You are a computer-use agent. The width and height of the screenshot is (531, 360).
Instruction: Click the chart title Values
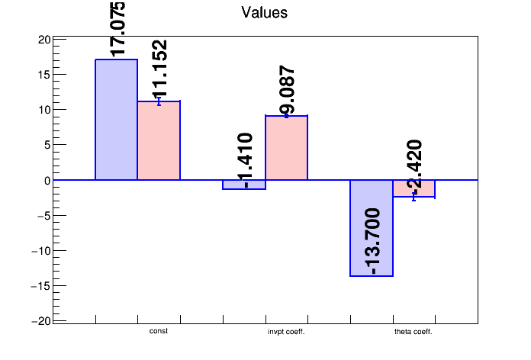[264, 13]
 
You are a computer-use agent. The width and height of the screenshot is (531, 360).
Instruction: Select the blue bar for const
[117, 120]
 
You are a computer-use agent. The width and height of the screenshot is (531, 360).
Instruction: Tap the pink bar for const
[159, 140]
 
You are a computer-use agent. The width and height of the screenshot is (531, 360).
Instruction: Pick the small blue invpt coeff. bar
[244, 185]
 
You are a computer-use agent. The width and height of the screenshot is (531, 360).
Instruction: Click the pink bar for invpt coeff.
[287, 148]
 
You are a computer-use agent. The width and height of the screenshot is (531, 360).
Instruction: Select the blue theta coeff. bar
[372, 228]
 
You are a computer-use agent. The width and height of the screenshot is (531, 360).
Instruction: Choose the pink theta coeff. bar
[414, 188]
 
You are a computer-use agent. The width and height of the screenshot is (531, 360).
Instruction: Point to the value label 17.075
[117, 29]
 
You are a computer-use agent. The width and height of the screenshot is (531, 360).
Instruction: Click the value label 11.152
[159, 69]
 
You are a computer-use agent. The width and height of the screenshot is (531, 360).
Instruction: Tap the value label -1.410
[244, 160]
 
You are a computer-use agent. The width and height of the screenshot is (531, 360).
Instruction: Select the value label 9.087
[287, 90]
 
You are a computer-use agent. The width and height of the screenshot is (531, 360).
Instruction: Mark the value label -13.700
[372, 242]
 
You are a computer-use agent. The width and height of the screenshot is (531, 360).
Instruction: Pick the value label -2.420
[414, 167]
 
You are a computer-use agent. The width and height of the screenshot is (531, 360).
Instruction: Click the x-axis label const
[159, 331]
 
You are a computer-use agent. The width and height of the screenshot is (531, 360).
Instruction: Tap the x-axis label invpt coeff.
[286, 332]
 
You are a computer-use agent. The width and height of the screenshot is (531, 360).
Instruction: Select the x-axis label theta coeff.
[414, 332]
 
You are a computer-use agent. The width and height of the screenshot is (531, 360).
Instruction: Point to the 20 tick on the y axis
[44, 40]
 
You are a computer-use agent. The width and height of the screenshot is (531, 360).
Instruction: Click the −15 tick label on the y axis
[40, 286]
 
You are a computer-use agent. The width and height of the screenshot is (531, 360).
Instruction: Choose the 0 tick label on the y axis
[47, 181]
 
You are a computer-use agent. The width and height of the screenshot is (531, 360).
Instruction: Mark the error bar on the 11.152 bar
[159, 101]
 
